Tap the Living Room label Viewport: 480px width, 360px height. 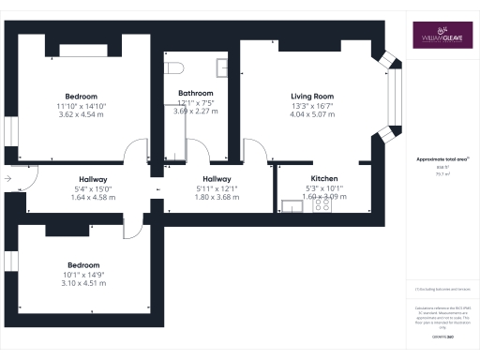point(310,96)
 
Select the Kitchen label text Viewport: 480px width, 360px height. point(324,178)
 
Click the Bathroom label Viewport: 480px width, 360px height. point(195,94)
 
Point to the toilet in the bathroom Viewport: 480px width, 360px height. point(172,67)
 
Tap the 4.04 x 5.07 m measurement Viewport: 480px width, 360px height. point(310,114)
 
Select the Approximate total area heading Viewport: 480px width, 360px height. point(441,160)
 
